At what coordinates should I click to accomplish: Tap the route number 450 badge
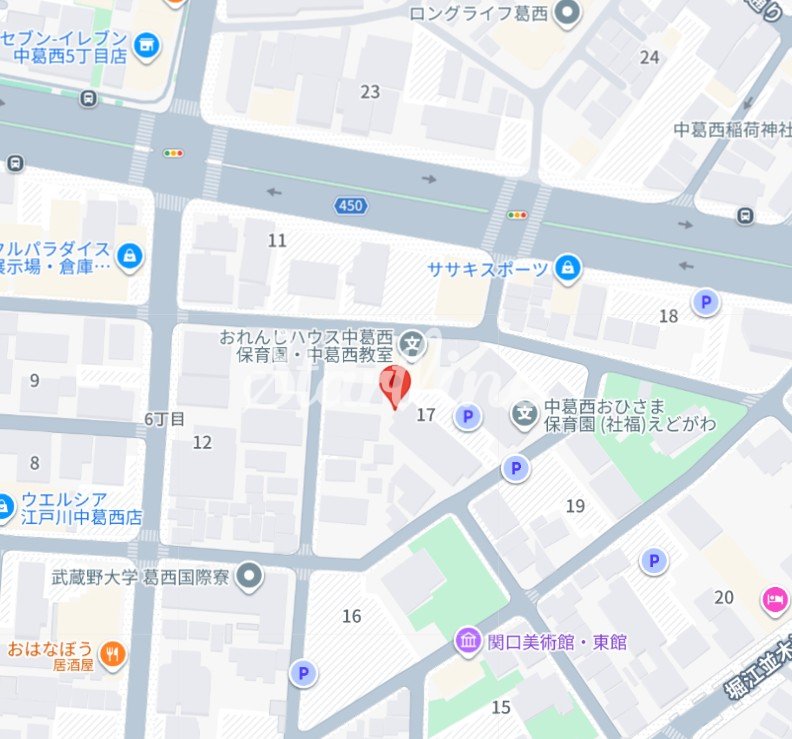350,205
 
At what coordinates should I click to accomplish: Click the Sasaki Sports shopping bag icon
568,267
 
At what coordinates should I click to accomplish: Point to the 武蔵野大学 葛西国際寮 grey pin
250,576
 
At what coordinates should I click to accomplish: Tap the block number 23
370,92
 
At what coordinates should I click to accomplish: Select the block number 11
277,240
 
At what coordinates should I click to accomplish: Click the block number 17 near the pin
426,415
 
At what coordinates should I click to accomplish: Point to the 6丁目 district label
165,419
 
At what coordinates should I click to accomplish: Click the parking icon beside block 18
706,302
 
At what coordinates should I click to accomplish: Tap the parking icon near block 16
303,674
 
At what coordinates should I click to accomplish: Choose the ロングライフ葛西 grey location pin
568,14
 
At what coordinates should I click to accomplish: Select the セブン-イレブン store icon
147,44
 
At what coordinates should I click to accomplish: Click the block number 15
501,707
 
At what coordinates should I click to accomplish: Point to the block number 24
650,57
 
